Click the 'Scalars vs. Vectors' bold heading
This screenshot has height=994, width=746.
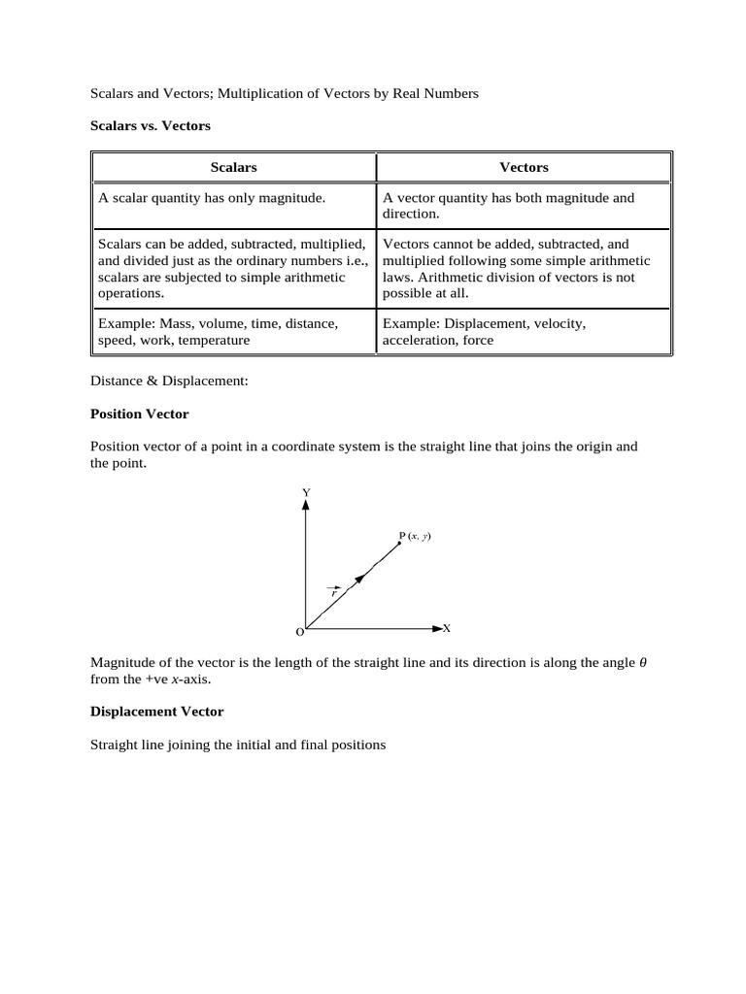(151, 126)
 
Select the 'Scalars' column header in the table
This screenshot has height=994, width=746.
(233, 167)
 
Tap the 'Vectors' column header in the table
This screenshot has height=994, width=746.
(524, 167)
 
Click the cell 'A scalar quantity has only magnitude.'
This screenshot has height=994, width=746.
(212, 198)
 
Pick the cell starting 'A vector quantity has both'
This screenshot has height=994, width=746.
(508, 205)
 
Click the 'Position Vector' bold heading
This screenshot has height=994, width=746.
(139, 414)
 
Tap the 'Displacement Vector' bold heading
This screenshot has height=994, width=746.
(156, 712)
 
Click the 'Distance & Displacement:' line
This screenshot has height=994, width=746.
(169, 381)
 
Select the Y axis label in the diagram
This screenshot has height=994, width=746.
(306, 493)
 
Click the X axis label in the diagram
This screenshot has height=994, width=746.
(447, 628)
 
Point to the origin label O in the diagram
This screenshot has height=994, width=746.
(299, 632)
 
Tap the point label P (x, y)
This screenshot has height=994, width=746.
(415, 535)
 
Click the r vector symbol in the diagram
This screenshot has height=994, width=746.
(334, 590)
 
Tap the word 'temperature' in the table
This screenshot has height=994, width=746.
(210, 340)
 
